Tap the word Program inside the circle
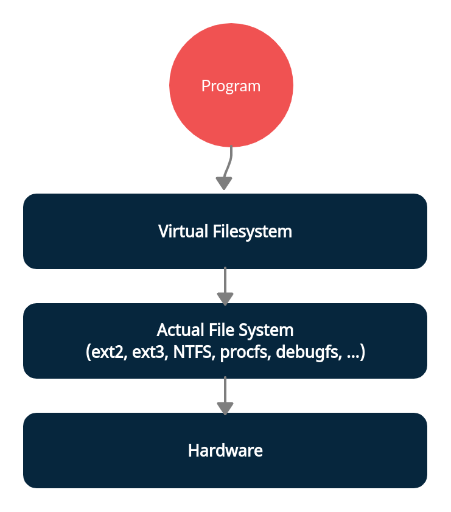click(231, 86)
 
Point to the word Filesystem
click(252, 232)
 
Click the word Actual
click(178, 330)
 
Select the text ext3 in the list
click(149, 352)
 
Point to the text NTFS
click(190, 352)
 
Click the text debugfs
click(307, 352)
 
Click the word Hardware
click(225, 451)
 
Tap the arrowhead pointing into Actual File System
click(225, 298)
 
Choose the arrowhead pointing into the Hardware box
click(225, 408)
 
